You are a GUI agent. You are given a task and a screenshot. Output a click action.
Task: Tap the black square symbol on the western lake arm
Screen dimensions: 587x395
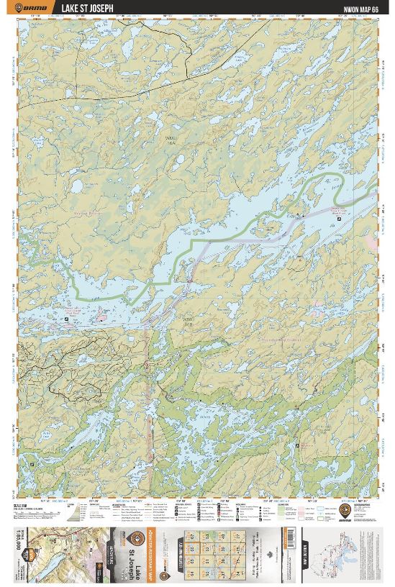(68, 317)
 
